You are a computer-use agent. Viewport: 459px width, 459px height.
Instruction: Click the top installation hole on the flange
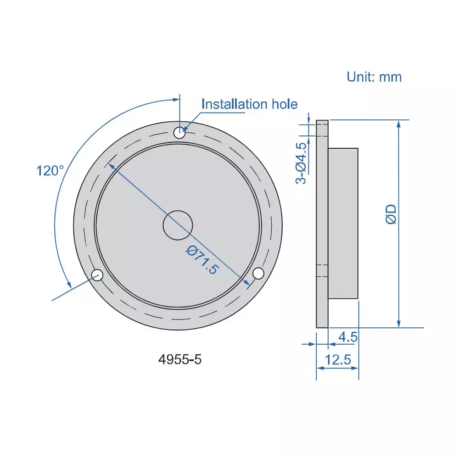179,133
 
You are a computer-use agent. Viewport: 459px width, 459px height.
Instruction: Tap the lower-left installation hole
97,275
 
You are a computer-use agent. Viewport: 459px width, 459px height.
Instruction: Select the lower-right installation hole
259,273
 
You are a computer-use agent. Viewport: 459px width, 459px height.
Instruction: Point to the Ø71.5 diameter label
202,259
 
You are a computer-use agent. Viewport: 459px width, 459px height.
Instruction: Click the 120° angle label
50,171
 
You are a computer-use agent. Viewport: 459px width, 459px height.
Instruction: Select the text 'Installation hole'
249,104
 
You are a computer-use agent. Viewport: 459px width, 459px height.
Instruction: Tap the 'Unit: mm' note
374,77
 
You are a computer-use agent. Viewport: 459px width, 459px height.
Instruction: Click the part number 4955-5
180,359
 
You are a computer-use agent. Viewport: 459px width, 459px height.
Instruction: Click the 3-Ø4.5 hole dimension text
301,163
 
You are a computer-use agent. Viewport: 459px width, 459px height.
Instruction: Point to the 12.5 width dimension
338,360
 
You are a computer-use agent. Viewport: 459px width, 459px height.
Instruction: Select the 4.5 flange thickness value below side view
347,337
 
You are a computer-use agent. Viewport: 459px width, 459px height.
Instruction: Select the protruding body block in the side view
343,223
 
